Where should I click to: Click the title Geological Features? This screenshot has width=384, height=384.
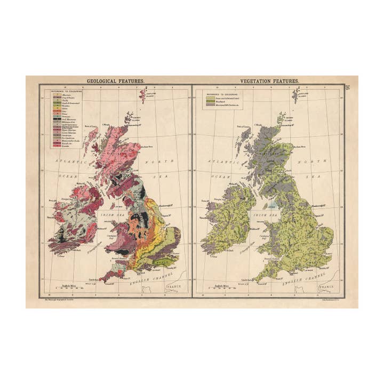click(x=116, y=82)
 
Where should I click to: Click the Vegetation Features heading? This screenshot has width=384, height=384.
click(x=269, y=82)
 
